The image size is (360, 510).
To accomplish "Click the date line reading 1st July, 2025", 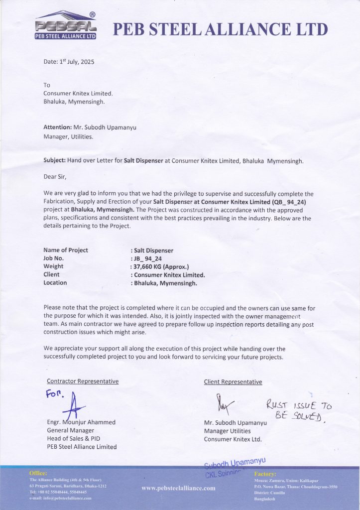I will [69, 62].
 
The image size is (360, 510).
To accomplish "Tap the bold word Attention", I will [57, 127].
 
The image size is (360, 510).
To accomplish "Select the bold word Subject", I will [55, 161].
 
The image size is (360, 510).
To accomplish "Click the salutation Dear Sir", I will [55, 176].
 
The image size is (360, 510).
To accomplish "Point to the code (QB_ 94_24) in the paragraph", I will [276, 202].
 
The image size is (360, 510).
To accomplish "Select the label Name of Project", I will [66, 250].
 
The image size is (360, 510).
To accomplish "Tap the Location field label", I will [55, 283].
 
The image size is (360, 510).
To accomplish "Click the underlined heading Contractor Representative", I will [83, 382].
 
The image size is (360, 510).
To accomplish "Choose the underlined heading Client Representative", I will [233, 382].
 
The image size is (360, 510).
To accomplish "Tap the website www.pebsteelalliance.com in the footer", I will [178, 488].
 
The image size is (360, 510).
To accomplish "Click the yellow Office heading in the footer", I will [38, 473].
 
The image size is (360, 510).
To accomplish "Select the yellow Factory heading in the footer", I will [265, 474].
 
